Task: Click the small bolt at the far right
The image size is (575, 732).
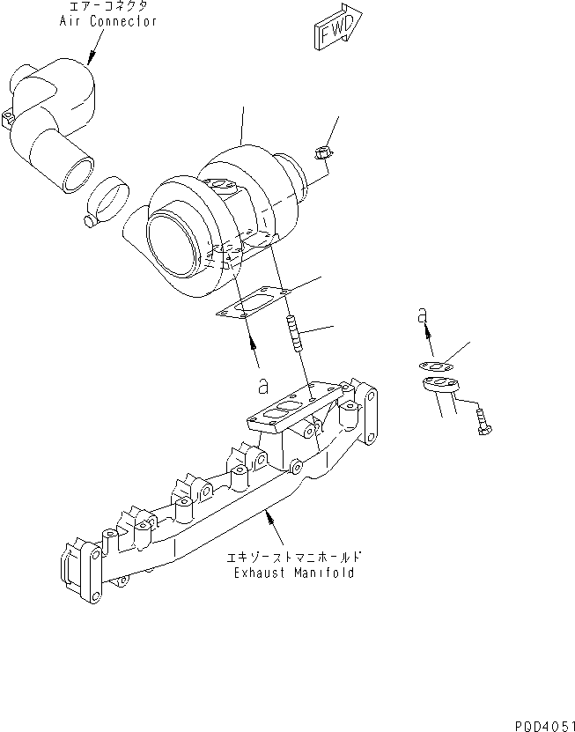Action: [483, 420]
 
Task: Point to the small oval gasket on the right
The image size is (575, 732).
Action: [432, 366]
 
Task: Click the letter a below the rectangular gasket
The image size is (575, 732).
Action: [262, 385]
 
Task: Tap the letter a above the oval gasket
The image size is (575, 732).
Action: [423, 314]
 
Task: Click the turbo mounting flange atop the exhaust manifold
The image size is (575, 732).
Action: [291, 410]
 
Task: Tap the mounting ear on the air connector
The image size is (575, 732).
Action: [10, 115]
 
